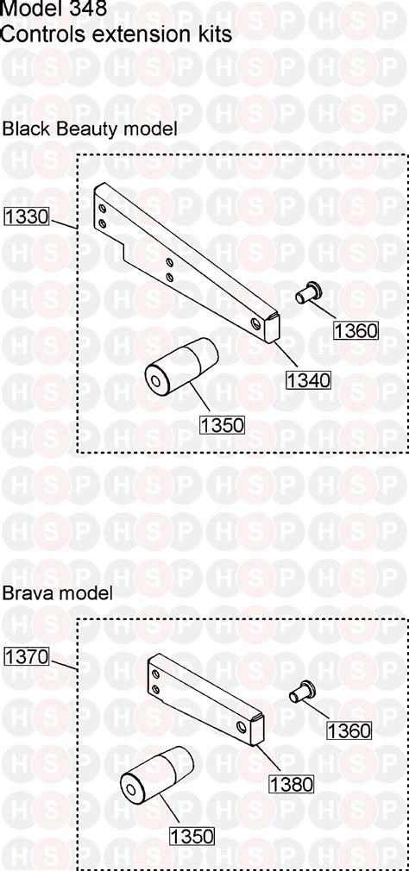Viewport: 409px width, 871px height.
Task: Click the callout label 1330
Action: [x=27, y=216]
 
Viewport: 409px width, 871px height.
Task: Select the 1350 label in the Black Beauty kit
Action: [x=222, y=424]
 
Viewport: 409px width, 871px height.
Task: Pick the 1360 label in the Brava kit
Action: [x=349, y=730]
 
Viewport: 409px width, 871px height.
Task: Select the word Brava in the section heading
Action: [x=27, y=593]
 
